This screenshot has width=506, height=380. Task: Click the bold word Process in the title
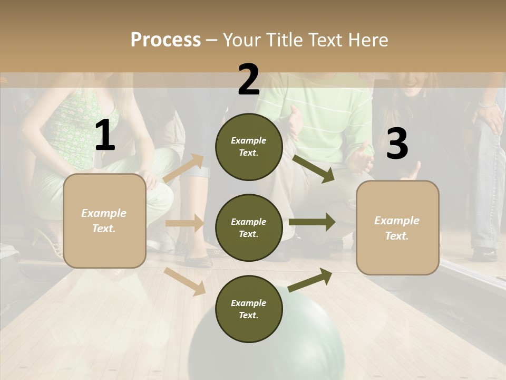point(166,40)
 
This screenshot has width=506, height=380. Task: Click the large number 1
point(105,136)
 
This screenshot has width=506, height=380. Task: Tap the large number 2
point(249,80)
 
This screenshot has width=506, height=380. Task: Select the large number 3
point(397,144)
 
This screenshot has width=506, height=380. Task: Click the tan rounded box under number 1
point(104,221)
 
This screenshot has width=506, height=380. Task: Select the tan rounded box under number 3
point(397,227)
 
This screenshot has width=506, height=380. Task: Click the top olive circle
point(249,147)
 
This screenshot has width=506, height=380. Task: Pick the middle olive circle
point(249,227)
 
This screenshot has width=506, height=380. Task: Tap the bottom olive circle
point(249,309)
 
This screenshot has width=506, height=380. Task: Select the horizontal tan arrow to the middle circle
point(184,223)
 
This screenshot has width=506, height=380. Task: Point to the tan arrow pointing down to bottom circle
point(185,281)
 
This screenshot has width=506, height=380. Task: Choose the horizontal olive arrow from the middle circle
point(312,222)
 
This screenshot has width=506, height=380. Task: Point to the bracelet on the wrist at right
point(488,105)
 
